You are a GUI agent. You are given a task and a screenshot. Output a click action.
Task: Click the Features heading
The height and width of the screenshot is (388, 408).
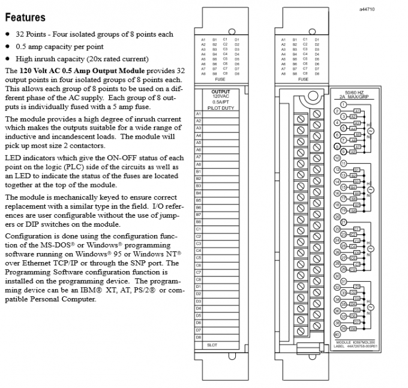24,17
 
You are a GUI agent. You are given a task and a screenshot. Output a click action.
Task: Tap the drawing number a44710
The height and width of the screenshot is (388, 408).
367,10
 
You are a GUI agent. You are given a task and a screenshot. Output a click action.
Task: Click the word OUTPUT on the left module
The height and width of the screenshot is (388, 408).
221,92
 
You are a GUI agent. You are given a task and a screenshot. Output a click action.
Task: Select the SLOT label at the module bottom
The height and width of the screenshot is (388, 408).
212,345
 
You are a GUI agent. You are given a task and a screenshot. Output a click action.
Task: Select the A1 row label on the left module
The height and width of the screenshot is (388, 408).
199,113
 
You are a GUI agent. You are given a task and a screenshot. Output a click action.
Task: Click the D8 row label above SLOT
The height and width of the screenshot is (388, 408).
199,337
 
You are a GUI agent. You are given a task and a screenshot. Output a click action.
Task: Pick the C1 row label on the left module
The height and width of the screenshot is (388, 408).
199,228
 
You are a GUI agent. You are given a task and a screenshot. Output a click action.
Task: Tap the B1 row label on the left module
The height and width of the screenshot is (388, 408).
199,171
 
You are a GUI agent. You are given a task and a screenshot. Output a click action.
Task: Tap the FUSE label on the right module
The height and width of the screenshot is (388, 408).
304,79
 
